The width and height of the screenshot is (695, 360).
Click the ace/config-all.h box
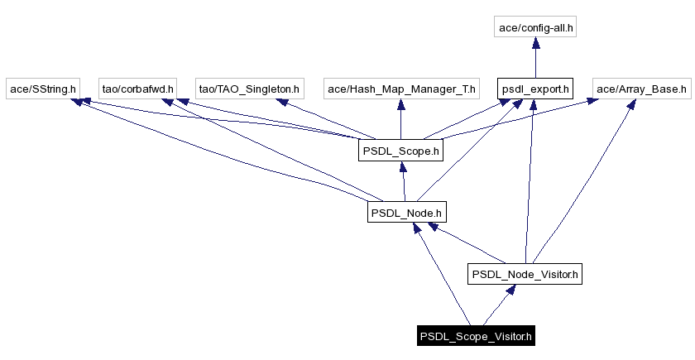click(536, 28)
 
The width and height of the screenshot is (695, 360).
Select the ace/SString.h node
click(42, 88)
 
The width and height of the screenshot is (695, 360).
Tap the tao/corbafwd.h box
click(137, 88)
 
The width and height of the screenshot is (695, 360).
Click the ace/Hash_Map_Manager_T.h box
click(400, 88)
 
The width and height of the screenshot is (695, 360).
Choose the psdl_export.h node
click(535, 88)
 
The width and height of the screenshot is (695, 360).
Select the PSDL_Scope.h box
click(400, 151)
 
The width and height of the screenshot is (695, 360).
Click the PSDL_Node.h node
click(406, 213)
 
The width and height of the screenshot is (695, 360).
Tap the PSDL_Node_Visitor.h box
click(525, 274)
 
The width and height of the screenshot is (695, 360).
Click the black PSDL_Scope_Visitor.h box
click(476, 336)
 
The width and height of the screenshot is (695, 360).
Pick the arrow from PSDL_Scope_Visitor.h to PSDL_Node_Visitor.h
click(499, 305)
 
